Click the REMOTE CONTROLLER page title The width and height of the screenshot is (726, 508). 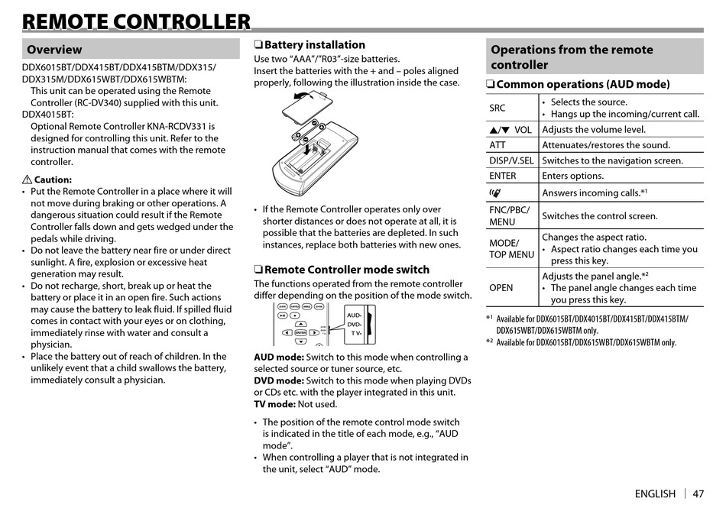tap(137, 22)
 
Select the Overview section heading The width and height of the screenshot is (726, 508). tap(54, 50)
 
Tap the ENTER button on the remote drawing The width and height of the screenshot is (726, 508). tap(300, 332)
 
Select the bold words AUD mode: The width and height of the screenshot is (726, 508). tap(279, 358)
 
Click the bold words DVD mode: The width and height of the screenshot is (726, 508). tap(279, 381)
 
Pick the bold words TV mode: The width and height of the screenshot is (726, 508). tap(274, 405)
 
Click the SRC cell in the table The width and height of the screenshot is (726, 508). tap(498, 108)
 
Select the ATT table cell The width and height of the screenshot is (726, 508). tap(498, 145)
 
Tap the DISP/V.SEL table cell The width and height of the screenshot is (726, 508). tap(511, 160)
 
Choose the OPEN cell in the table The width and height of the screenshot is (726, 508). tap(501, 288)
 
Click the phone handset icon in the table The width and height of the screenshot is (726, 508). tap(495, 193)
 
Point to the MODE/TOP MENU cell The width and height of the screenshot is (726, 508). tap(511, 249)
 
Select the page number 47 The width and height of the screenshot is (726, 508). tap(698, 493)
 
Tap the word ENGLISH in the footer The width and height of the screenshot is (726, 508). tap(655, 493)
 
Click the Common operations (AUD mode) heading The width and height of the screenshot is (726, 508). tap(582, 85)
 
